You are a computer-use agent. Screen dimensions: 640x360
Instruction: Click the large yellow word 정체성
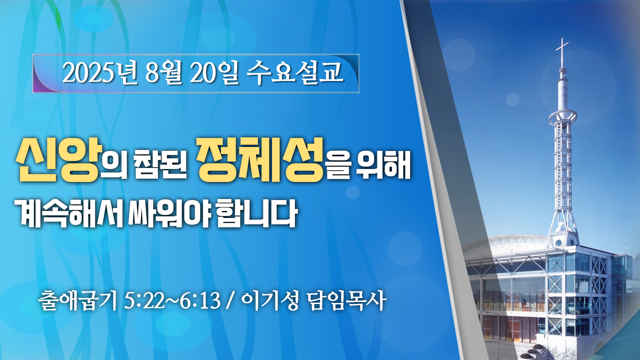(x=260, y=160)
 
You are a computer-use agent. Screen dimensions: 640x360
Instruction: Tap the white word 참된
(x=160, y=165)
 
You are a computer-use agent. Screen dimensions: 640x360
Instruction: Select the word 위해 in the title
(x=383, y=165)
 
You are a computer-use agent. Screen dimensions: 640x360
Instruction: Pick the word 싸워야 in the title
(x=169, y=213)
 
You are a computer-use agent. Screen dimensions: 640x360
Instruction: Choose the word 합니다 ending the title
(x=257, y=213)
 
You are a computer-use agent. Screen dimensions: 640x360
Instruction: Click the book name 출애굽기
(x=78, y=300)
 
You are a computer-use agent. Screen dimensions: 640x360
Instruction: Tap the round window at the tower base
(x=558, y=243)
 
